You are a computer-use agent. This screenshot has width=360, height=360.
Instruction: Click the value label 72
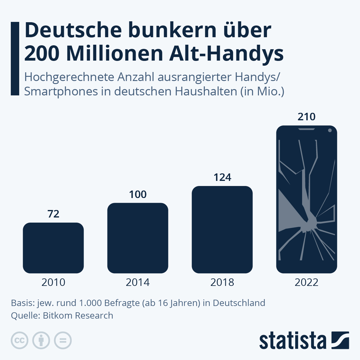[53, 214]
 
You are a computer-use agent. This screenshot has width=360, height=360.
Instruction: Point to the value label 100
[138, 194]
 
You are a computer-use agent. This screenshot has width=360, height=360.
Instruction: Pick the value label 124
[222, 178]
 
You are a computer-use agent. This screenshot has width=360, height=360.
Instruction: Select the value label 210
[306, 117]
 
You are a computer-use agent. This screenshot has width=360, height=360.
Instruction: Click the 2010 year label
[53, 282]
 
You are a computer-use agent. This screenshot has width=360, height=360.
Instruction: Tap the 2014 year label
[138, 282]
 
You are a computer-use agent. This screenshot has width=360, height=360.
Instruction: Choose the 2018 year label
[222, 282]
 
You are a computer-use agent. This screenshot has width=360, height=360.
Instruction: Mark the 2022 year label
[306, 282]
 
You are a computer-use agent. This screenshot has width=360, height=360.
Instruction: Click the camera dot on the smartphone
[330, 130]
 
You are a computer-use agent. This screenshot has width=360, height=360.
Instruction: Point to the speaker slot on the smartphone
[306, 129]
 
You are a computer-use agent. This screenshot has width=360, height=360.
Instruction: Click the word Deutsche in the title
[73, 30]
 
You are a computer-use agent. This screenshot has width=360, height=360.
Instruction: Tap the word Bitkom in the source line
[58, 316]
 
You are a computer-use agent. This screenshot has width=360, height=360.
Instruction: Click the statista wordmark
[292, 340]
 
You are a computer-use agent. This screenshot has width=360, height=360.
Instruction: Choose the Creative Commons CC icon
[19, 340]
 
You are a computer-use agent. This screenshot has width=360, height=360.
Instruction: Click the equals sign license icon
[63, 340]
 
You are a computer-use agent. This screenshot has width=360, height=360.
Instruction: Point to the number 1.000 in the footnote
[90, 303]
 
